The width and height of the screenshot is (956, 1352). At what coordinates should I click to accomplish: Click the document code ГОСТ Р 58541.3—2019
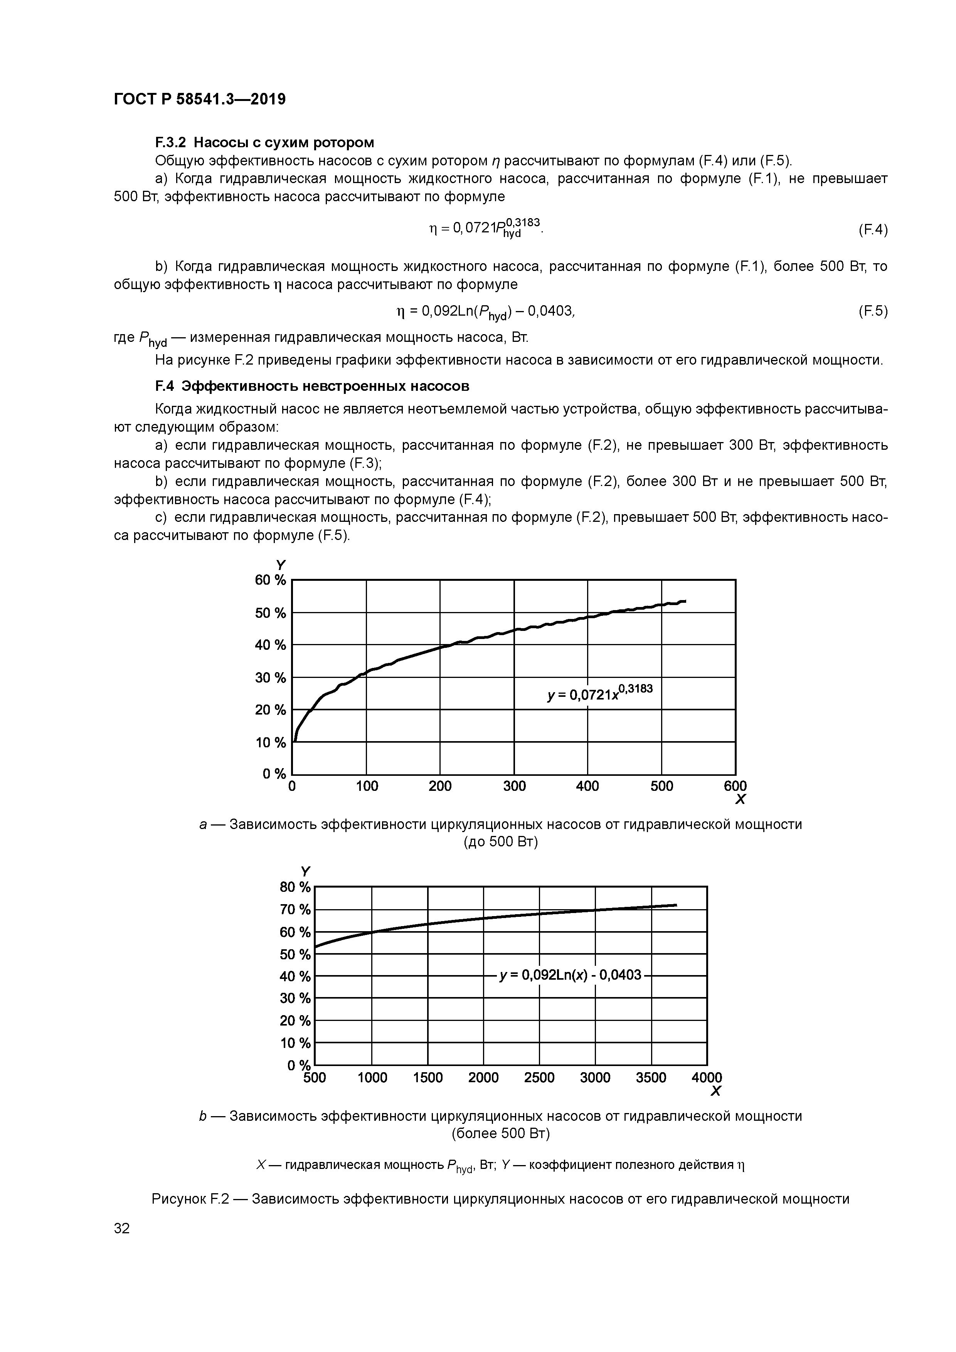(200, 99)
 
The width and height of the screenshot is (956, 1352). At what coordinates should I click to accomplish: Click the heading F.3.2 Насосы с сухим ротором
(264, 143)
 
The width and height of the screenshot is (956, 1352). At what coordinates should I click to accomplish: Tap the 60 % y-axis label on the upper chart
(270, 580)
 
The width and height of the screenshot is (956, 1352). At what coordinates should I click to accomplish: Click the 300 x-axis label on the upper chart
(514, 786)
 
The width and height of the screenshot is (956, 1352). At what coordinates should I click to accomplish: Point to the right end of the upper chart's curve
(685, 600)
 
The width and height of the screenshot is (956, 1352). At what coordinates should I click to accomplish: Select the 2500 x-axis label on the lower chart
(539, 1094)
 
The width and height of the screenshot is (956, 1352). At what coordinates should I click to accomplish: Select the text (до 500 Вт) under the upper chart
(501, 842)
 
